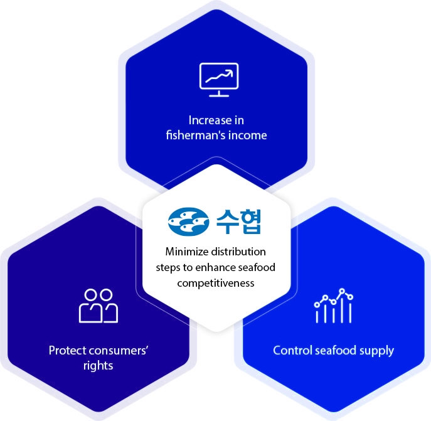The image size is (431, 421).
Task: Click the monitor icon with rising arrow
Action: click(218, 79)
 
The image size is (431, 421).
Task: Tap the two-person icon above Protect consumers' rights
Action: click(98, 306)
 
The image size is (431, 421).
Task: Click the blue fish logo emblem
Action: click(189, 220)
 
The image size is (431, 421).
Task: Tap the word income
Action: click(250, 135)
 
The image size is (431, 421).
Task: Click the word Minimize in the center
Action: click(184, 252)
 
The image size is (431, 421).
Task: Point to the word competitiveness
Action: click(215, 283)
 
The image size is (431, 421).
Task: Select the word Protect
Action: click(67, 349)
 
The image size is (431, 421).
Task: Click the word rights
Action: click(97, 365)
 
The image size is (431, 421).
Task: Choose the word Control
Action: click(292, 349)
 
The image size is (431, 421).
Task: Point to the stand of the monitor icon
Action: click(218, 94)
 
